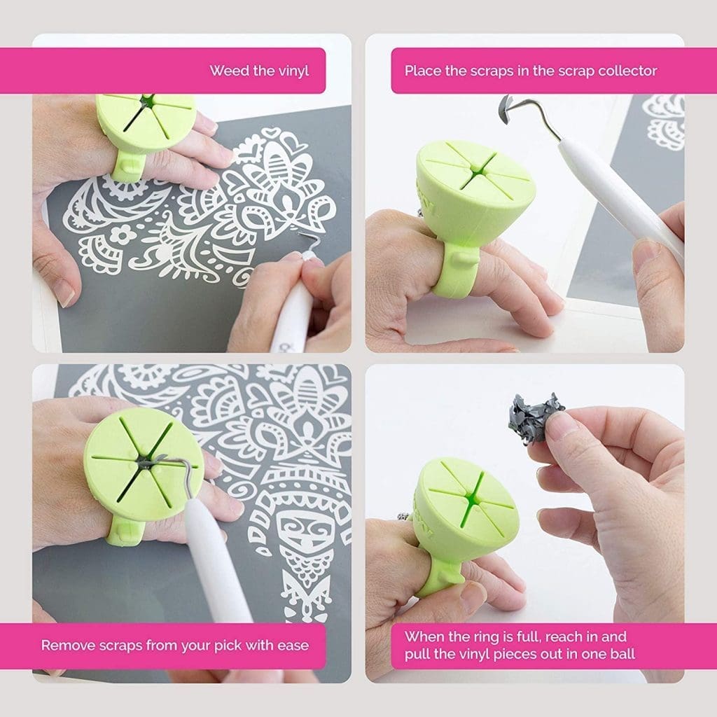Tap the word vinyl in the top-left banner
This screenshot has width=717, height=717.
click(x=293, y=71)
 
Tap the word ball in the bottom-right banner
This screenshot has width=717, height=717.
click(x=622, y=653)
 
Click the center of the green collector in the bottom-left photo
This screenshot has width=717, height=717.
click(x=143, y=464)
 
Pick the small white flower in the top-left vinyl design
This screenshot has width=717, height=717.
click(x=121, y=235)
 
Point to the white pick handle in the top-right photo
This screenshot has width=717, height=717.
click(x=624, y=201)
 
